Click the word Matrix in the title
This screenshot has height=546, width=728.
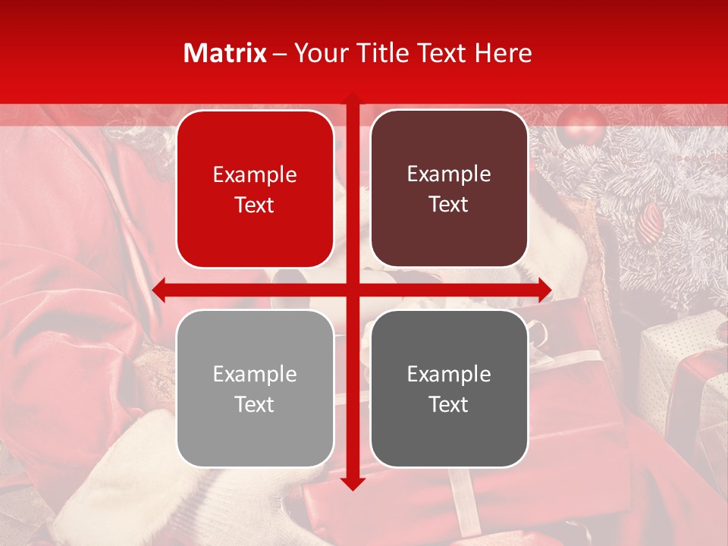[x=225, y=53]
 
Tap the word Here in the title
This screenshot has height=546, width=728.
[x=504, y=53]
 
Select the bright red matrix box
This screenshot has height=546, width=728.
[x=255, y=189]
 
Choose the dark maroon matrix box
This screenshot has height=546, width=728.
[x=449, y=189]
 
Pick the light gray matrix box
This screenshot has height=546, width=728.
[x=255, y=388]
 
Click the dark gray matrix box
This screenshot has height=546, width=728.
[x=449, y=388]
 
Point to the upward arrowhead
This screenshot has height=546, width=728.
[x=353, y=98]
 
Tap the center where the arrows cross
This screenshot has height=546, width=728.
[x=353, y=290]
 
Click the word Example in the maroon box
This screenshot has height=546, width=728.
[x=449, y=174]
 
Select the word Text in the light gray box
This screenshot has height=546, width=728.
[x=255, y=404]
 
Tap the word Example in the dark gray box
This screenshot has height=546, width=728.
[x=449, y=374]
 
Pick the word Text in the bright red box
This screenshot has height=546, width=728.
[x=255, y=205]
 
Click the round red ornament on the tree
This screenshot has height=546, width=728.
[x=581, y=125]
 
